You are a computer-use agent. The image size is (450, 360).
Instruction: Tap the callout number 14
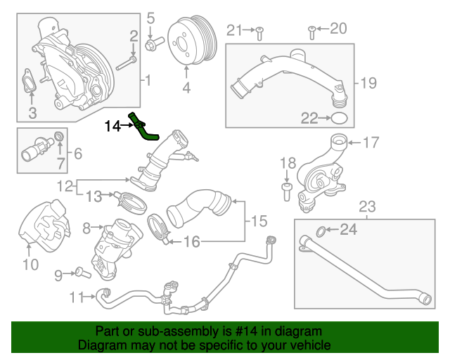click(x=112, y=127)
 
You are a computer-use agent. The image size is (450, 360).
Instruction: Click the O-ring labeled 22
click(x=339, y=117)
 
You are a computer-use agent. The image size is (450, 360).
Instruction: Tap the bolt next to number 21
click(x=259, y=30)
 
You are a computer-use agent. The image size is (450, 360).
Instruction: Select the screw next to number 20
click(x=311, y=30)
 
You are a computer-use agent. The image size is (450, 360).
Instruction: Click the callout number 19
click(x=369, y=82)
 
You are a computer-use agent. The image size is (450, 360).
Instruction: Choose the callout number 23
click(x=367, y=207)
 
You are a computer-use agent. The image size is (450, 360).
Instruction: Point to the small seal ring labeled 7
click(x=60, y=135)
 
